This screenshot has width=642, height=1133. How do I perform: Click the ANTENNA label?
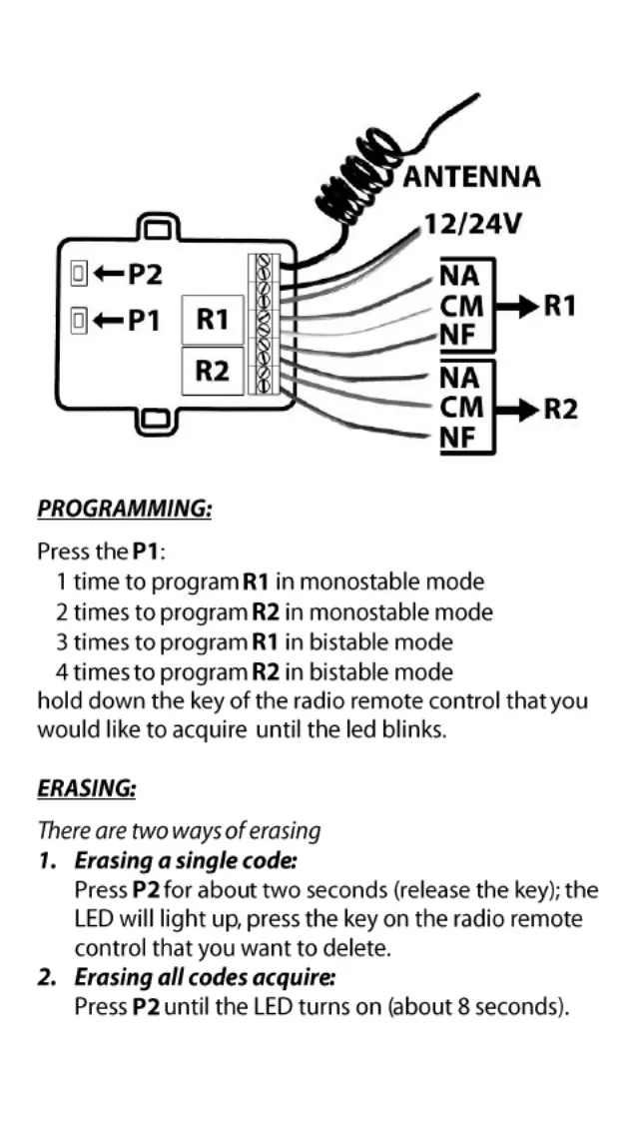[x=471, y=178]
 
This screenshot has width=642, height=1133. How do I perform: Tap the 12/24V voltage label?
[x=472, y=224]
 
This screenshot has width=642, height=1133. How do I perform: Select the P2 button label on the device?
[x=144, y=272]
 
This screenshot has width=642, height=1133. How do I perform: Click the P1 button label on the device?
[x=144, y=320]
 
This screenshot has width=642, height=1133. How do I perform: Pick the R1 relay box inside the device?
[x=212, y=320]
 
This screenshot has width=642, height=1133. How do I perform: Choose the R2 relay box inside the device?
[x=212, y=371]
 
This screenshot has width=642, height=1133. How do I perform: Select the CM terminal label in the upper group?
[x=461, y=306]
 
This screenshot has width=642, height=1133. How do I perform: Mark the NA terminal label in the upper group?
[x=459, y=275]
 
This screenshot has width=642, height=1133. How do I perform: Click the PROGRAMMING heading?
[x=125, y=509]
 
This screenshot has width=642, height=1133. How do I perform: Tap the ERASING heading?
[x=87, y=788]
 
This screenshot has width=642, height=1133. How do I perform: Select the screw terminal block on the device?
[x=264, y=323]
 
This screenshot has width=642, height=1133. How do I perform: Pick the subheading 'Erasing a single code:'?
[x=186, y=859]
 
